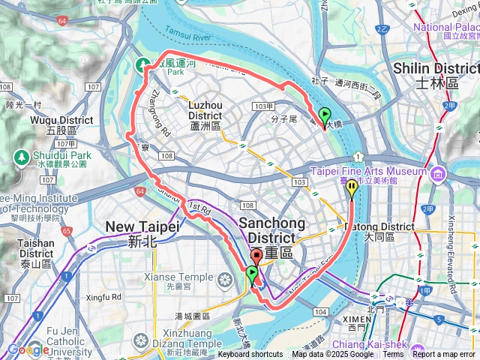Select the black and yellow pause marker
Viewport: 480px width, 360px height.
tap(351, 190)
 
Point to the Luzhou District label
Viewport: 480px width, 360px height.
tap(205, 116)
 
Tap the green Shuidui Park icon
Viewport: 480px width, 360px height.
tap(21, 157)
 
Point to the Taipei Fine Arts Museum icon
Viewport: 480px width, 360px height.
tap(436, 174)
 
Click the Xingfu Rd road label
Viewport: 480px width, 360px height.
tap(103, 298)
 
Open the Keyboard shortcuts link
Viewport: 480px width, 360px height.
tap(250, 355)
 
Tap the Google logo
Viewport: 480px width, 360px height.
tap(28, 349)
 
